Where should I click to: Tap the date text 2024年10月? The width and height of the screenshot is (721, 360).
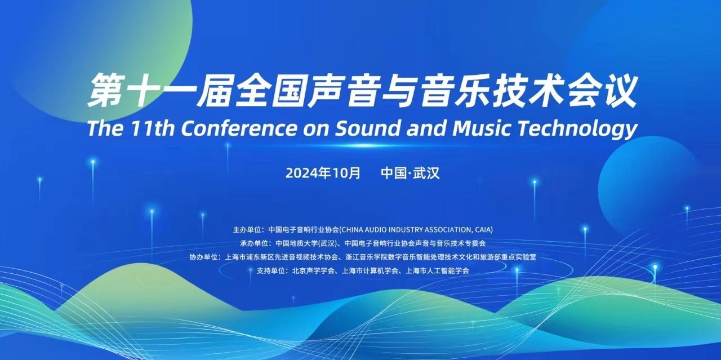click(x=323, y=173)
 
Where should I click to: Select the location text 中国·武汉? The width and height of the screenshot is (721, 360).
click(x=410, y=173)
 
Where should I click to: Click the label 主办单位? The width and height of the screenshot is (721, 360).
click(x=247, y=230)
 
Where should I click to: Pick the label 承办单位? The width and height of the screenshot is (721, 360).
click(x=254, y=243)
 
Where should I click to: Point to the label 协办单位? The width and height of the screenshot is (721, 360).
click(x=203, y=257)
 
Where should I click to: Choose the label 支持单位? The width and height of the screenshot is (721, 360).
click(x=270, y=270)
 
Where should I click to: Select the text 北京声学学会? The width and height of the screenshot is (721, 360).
click(x=314, y=270)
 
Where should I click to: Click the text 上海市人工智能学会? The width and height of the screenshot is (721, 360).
click(x=437, y=270)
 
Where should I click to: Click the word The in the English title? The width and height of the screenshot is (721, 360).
click(x=105, y=128)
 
